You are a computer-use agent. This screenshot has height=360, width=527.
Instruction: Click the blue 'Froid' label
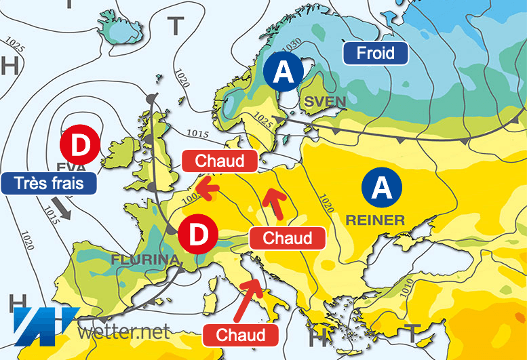click(x=376, y=53)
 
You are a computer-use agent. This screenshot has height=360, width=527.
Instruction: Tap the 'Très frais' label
click(x=47, y=183)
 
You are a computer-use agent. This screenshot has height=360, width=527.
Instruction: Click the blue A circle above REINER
click(x=382, y=186)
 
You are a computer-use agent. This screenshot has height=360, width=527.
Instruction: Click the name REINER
click(x=375, y=220)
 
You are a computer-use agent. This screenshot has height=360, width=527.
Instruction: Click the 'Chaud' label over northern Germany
click(x=220, y=161)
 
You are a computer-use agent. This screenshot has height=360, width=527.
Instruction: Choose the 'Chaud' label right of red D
click(x=287, y=238)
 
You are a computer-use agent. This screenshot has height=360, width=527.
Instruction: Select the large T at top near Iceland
click(x=176, y=26)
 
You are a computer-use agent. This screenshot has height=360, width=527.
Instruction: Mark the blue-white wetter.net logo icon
click(x=42, y=325)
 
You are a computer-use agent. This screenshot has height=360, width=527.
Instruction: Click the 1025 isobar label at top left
click(x=15, y=46)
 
